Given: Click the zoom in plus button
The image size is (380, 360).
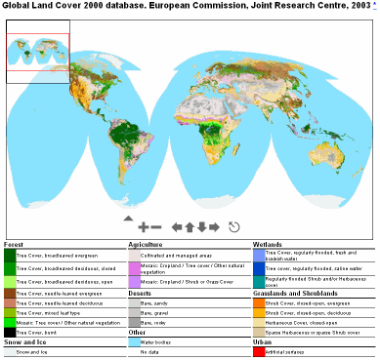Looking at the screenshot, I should pos(143,226).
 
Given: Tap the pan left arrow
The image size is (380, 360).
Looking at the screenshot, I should pos(177,226).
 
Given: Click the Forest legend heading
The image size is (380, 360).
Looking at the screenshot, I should pos(14,243).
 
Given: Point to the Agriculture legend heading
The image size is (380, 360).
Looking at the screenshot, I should pos(146,243).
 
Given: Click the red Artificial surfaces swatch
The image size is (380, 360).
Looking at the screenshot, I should pos(258,351).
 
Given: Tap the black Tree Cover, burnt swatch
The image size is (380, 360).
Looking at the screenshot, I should pos(9,333).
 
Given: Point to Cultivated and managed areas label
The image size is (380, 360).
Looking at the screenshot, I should pos(172,255).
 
